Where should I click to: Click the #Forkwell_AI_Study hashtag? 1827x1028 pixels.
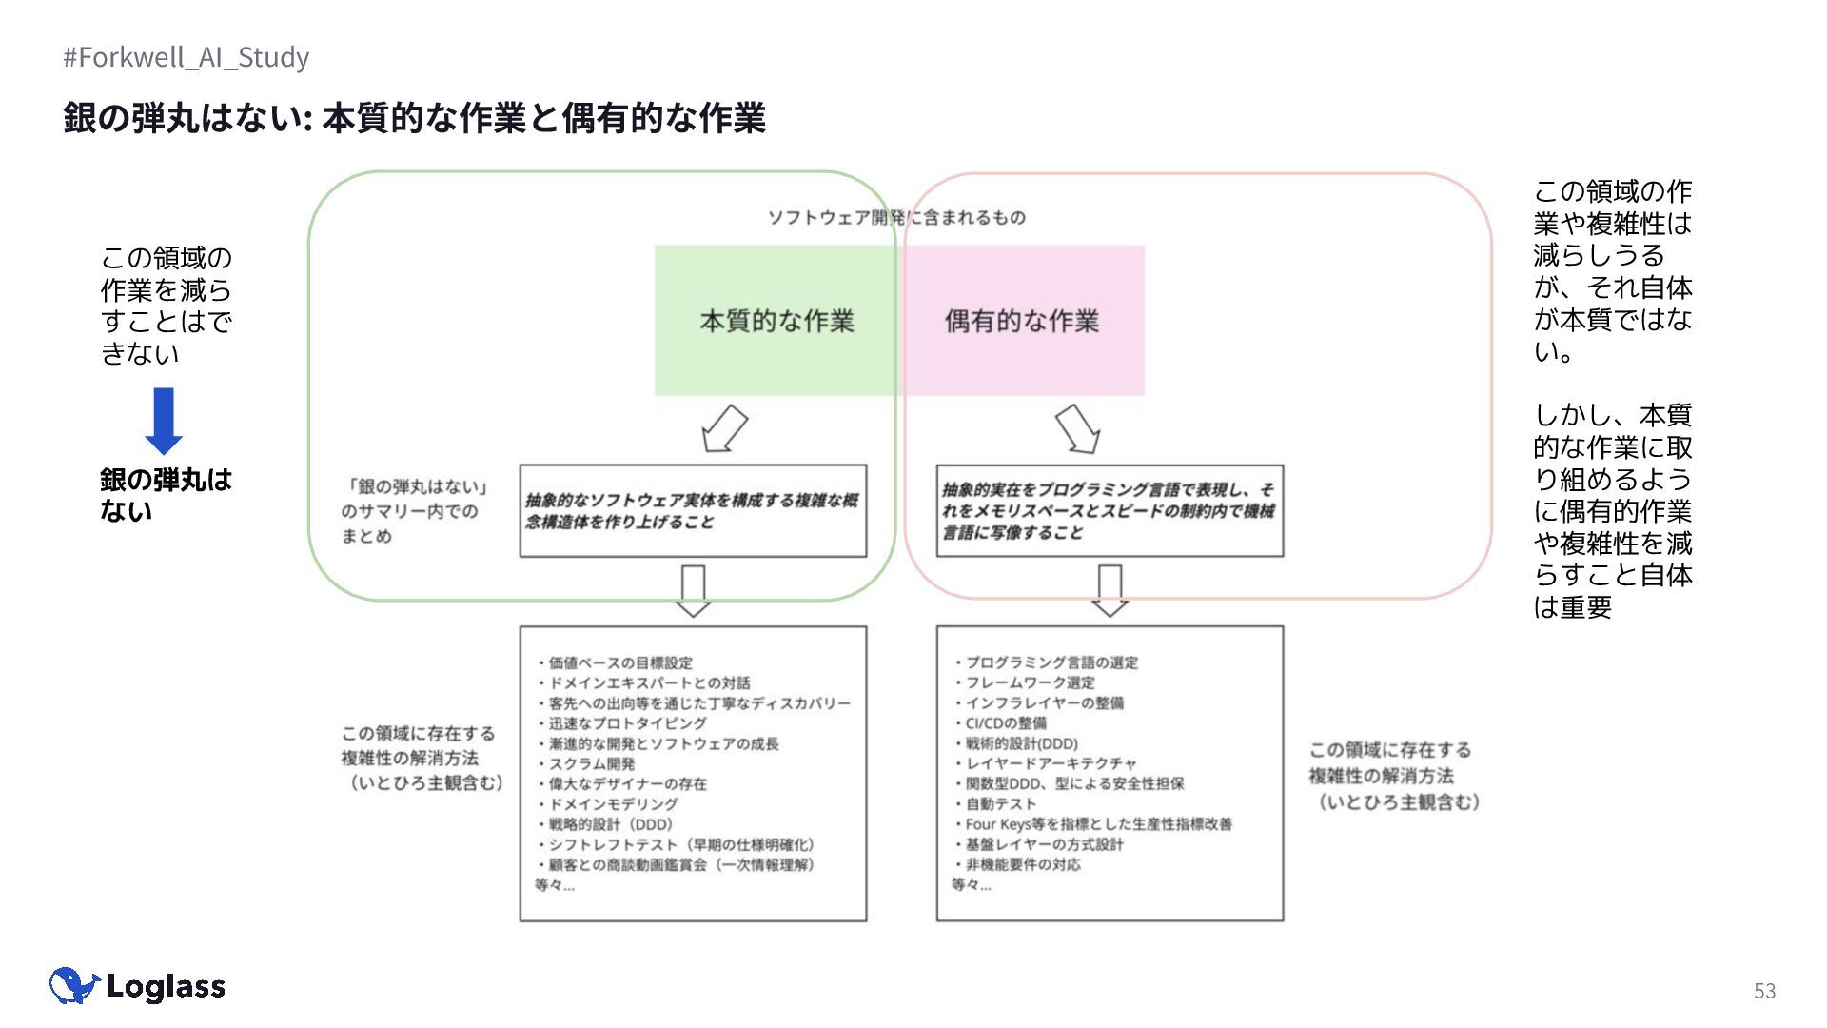pos(187,57)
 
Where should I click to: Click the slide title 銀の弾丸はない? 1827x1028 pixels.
pos(414,118)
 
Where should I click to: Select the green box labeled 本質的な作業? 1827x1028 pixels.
pos(776,321)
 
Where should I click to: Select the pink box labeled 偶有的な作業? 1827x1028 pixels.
pos(1022,321)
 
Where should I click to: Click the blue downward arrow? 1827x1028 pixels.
pos(164,421)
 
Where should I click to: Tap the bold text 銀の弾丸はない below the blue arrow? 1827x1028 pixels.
pos(166,494)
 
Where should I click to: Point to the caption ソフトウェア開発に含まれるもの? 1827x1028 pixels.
pos(896,217)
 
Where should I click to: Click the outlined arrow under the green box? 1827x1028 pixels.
pos(724,428)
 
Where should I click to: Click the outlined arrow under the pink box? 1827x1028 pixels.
pos(1078,428)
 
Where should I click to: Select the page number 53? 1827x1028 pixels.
pos(1764,991)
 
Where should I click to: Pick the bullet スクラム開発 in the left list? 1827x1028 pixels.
pos(591,763)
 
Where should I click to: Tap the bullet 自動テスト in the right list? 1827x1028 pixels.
pos(1000,803)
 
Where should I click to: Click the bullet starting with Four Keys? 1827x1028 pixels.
pos(1098,823)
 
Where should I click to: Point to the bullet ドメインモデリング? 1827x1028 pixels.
pos(613,803)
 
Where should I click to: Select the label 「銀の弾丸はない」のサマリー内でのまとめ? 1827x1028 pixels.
pos(415,511)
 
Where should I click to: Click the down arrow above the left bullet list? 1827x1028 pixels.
pos(693,591)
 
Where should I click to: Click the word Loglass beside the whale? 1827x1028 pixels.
pos(167,986)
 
